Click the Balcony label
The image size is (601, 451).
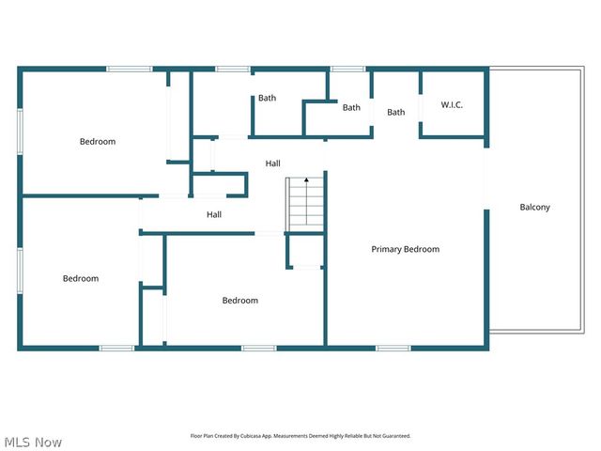[x=534, y=208]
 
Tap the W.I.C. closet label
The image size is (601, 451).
[x=452, y=104]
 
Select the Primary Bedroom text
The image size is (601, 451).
[x=405, y=249]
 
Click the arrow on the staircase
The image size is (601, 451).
[x=306, y=180]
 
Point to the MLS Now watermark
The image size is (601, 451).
[x=33, y=442]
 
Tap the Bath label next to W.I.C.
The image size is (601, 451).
[x=396, y=113]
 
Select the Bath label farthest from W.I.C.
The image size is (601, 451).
[x=268, y=98]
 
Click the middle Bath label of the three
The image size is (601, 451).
[x=351, y=107]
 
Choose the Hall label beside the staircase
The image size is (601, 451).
[x=272, y=163]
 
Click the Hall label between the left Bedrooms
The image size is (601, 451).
[x=214, y=215]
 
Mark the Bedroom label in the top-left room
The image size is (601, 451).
[x=98, y=142]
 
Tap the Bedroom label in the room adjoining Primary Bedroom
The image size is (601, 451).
[x=239, y=301]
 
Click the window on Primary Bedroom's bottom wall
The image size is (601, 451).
[x=393, y=349]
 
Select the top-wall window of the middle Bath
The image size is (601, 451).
[x=347, y=69]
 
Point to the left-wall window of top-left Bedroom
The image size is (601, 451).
[x=20, y=132]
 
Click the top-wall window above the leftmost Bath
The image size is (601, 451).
[x=232, y=69]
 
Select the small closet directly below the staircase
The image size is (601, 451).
[x=305, y=252]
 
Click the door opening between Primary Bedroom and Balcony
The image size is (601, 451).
[x=485, y=179]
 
